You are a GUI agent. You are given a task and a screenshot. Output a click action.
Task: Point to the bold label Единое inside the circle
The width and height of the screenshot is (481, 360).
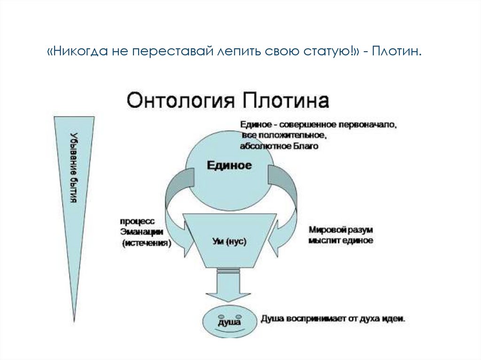pyautogui.click(x=230, y=166)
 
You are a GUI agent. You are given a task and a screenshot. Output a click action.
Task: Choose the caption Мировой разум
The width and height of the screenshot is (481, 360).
pyautogui.click(x=341, y=230)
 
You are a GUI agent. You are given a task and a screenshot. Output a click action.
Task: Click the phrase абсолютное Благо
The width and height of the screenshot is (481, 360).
pyautogui.click(x=279, y=146)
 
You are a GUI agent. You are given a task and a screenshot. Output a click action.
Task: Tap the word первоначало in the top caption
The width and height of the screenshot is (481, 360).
pyautogui.click(x=372, y=126)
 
